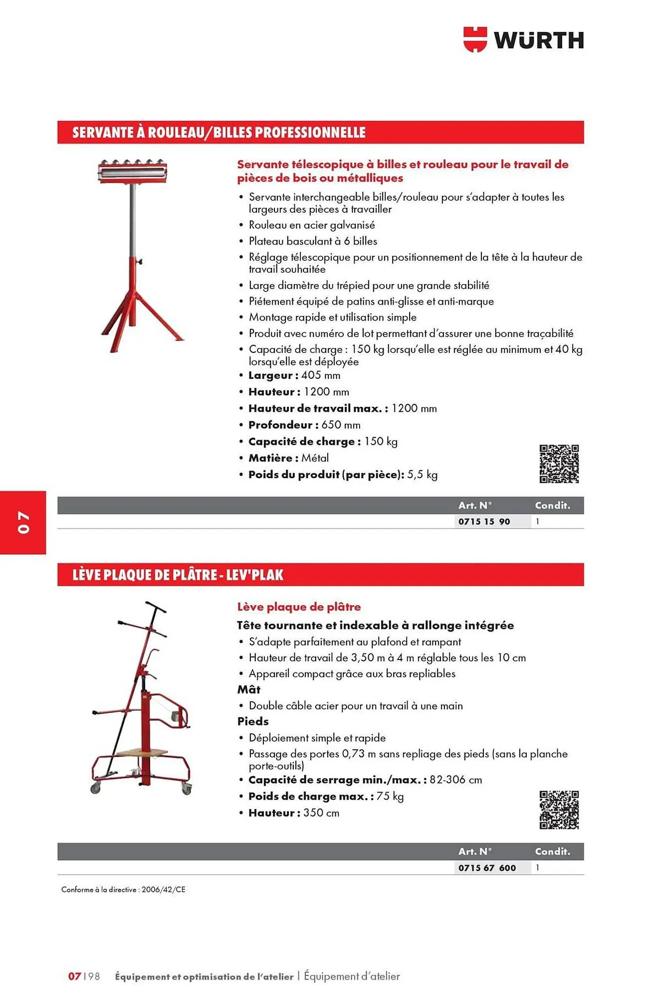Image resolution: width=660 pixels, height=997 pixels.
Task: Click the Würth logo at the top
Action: point(523,40)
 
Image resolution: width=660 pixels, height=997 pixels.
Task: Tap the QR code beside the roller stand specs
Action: point(559,464)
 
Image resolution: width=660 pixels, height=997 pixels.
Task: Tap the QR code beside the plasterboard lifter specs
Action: point(559,810)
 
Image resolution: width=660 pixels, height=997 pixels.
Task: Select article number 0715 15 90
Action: point(484,521)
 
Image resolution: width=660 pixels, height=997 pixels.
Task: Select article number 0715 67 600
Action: point(487,867)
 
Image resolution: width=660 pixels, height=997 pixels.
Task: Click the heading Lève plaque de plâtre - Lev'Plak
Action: point(178,575)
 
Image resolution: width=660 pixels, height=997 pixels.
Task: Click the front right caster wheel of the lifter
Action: point(187,790)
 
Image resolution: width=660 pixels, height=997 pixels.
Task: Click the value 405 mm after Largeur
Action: point(320,375)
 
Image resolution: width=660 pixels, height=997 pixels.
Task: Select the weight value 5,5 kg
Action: point(422,475)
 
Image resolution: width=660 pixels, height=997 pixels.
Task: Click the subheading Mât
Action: point(248,689)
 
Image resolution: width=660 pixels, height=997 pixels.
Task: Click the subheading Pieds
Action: point(252,721)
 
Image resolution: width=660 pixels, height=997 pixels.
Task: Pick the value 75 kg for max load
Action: point(390,796)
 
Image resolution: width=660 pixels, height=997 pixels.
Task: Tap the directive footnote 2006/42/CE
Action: point(163,889)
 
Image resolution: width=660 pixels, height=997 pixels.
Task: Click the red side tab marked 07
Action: point(23,522)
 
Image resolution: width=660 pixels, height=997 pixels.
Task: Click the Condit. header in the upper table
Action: point(552,505)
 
